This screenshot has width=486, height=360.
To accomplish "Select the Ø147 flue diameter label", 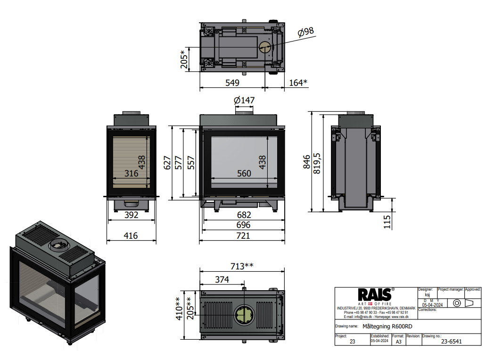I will [244, 100].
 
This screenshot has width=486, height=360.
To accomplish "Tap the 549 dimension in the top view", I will [232, 83].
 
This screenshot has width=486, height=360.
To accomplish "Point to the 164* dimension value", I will [298, 83].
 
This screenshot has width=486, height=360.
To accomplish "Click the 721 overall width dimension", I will [243, 235].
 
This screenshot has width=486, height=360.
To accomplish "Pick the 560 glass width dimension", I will [244, 174].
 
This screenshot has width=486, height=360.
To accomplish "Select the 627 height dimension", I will [167, 162].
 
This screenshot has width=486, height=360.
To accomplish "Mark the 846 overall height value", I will [307, 162].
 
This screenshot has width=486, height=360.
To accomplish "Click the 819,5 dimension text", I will [318, 162].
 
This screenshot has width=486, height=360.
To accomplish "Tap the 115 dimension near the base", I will [387, 222].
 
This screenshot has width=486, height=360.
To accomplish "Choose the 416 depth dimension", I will [130, 235].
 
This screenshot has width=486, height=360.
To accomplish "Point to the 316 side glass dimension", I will [131, 174].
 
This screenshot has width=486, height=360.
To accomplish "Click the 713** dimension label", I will [242, 266].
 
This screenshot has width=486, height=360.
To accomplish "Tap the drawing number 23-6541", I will [441, 342].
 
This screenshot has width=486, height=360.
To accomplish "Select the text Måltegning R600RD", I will [389, 326].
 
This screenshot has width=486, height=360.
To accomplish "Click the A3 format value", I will [398, 342].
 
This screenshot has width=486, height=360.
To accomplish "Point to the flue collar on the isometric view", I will [59, 244].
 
